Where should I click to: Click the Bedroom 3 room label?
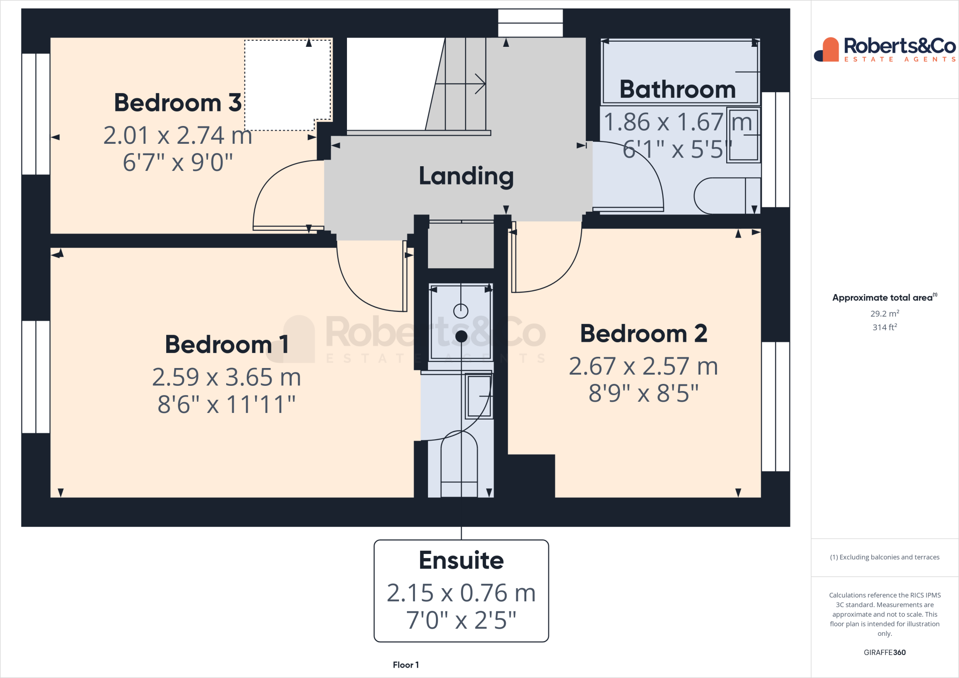177,103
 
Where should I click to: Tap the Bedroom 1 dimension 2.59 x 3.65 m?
226,377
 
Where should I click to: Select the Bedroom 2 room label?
643,333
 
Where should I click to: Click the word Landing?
466,176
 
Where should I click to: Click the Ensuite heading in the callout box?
461,560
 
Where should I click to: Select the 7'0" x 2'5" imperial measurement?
461,620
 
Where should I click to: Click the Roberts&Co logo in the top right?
885,50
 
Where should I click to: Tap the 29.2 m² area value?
885,314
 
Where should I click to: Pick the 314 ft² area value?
885,327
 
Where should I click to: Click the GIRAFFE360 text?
885,652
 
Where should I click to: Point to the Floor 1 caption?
406,665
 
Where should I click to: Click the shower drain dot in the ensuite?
461,336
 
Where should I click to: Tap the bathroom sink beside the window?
743,135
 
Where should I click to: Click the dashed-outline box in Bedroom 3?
287,84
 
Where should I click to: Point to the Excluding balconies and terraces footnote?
885,557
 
